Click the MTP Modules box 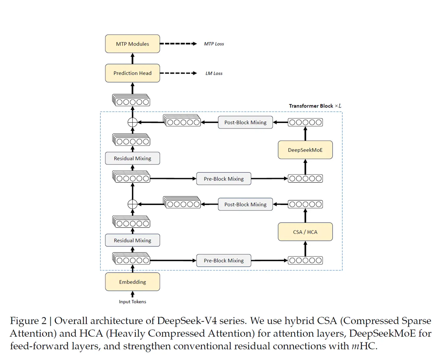coord(132,44)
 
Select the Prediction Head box coord(132,73)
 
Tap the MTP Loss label coord(214,44)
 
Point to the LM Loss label coord(214,73)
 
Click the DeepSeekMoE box coord(305,150)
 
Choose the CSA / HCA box coord(305,232)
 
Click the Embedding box coord(132,282)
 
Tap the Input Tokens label coord(132,302)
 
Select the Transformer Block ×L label coord(315,106)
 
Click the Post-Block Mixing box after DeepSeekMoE coord(245,122)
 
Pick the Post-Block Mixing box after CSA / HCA coord(245,204)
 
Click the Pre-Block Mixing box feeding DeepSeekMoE coord(224,179)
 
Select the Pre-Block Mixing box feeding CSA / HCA coord(224,260)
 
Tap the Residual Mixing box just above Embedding coord(132,240)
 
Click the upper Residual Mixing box coord(132,158)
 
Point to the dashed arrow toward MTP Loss coord(178,44)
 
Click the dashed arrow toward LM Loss coord(178,73)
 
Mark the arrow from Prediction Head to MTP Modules coord(132,58)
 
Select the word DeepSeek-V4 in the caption coord(186,321)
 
